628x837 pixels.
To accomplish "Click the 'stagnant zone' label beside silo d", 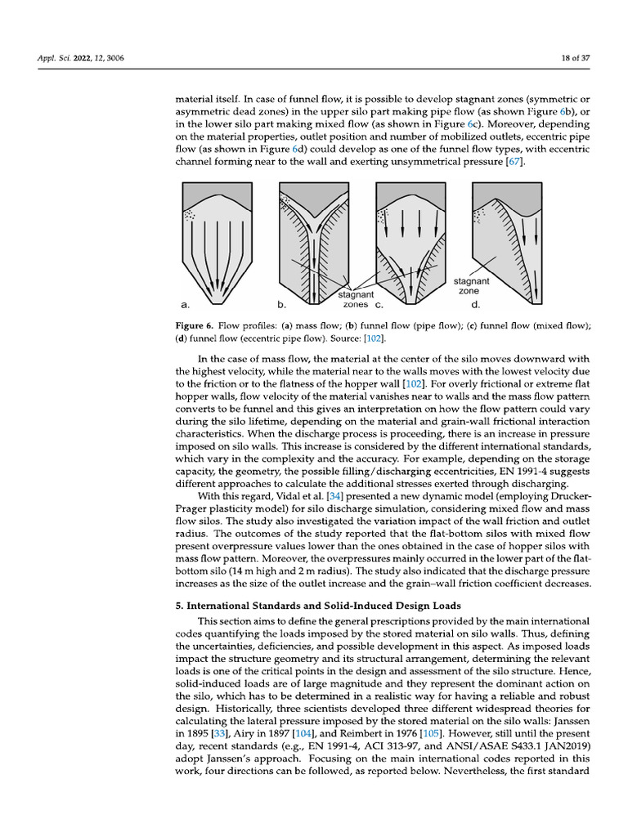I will (471, 286).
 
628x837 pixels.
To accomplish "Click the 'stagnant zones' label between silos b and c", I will (356, 298).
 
